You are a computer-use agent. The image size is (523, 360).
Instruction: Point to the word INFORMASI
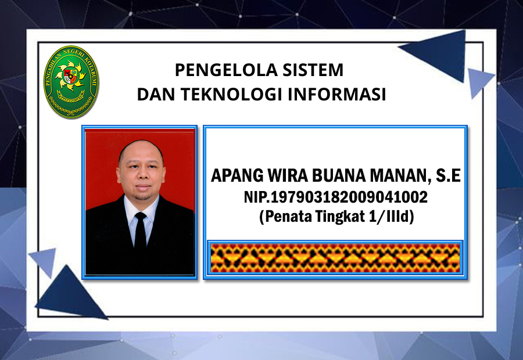coord(337,94)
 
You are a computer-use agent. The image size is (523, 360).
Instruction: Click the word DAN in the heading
coord(156,94)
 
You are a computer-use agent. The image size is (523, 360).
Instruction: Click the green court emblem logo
coord(71,82)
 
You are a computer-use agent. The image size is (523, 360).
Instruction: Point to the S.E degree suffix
coord(448,175)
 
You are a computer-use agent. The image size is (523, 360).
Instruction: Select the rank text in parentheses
coord(336,217)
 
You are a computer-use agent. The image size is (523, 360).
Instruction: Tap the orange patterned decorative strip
coord(335,258)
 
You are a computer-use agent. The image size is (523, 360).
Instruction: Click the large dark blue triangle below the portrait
coord(70,293)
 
